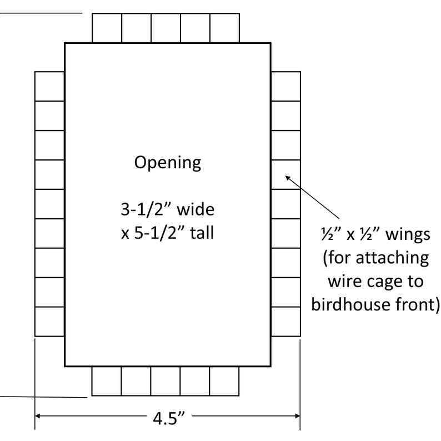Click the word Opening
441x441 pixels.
pos(168,163)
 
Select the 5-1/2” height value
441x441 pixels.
pos(159,233)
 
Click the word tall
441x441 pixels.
pos(202,233)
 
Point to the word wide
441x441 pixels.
pos(196,209)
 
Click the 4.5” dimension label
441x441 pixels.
pos(169,418)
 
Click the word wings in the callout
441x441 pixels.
pos(408,234)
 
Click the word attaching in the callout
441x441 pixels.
pos(392,258)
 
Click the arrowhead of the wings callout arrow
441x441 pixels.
pos(287,177)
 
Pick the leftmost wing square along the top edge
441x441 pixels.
pos(107,28)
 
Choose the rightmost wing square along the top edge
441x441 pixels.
pos(224,28)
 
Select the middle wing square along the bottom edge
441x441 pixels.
pos(166,381)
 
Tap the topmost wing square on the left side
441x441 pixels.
pos(49,86)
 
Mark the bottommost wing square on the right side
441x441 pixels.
pos(285,322)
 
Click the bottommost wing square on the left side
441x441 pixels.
pos(49,322)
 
